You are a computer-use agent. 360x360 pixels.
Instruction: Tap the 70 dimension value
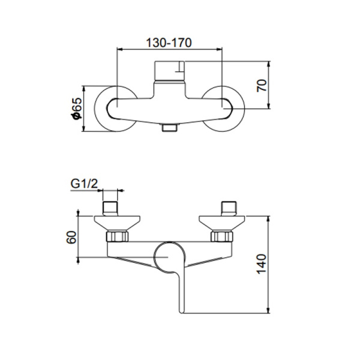coord(261,84)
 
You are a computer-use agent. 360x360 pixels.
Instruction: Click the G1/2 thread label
coord(84,183)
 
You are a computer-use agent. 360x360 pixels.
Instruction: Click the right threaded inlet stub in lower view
coord(229,208)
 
